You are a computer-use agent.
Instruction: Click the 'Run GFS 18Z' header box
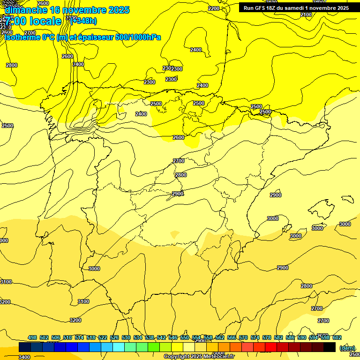coord(296,8)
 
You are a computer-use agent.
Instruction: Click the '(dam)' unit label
coord(347,348)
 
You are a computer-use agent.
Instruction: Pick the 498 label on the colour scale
coord(32,337)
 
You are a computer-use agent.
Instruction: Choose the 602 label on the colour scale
coord(337,337)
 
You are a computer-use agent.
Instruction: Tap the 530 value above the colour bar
coord(126,337)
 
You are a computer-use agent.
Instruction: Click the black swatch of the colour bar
coord(330,347)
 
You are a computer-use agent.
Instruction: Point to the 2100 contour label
coord(306,15)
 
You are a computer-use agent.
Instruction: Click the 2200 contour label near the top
coord(214,8)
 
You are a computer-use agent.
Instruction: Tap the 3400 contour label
coord(24,357)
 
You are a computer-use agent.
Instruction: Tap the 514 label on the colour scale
coord(79,337)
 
